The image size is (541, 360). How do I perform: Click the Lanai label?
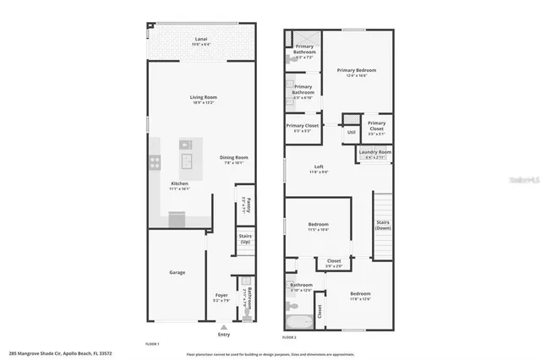(x=201, y=39)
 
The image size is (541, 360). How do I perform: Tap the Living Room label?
(x=201, y=98)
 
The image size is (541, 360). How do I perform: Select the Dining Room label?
(x=234, y=157)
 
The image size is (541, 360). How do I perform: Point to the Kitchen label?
(x=179, y=184)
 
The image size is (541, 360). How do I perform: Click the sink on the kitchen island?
(x=185, y=160)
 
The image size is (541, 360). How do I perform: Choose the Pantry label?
(x=244, y=203)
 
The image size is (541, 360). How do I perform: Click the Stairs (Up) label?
(x=245, y=239)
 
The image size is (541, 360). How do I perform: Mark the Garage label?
(x=177, y=272)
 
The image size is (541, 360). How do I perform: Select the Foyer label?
(x=222, y=296)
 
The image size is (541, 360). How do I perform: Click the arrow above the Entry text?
(x=223, y=325)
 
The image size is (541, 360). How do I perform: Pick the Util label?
(x=351, y=132)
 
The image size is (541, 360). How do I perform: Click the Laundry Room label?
(x=374, y=153)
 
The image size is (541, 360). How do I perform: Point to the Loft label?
(x=319, y=166)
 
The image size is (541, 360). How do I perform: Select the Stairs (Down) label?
(x=383, y=225)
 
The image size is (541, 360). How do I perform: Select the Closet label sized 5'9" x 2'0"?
(x=334, y=263)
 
